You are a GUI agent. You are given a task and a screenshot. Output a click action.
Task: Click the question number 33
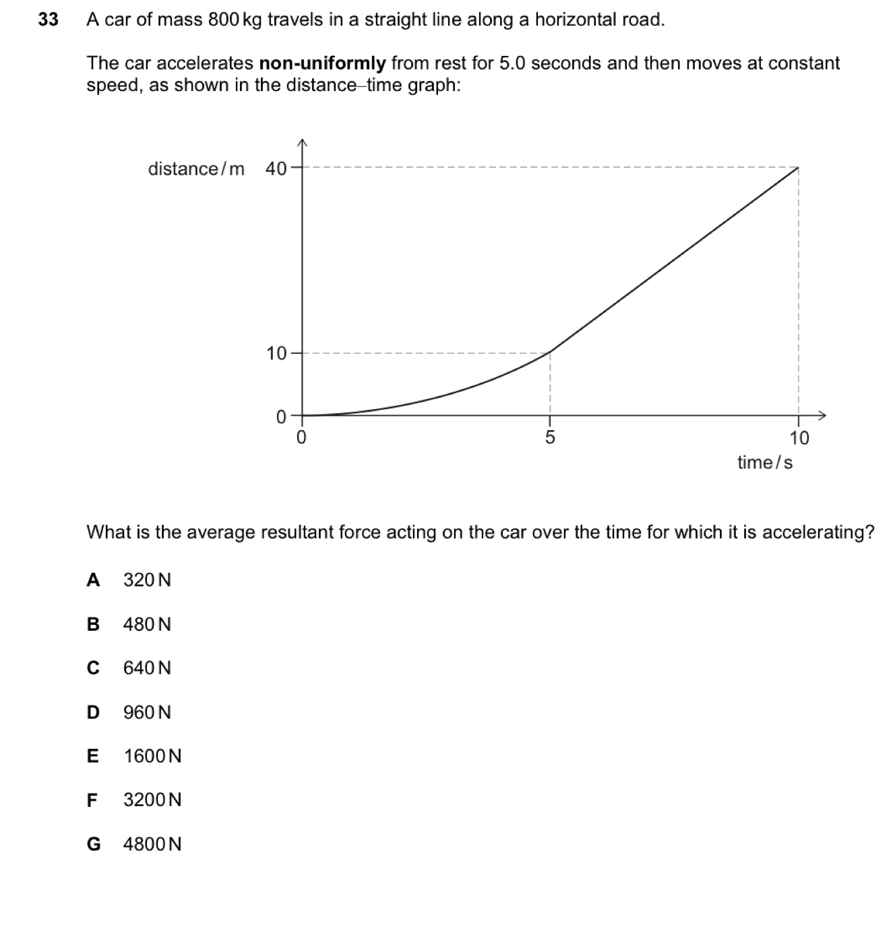tap(48, 20)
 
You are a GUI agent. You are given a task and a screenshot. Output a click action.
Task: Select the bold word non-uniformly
tap(322, 64)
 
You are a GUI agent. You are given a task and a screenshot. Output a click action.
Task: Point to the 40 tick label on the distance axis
tap(276, 169)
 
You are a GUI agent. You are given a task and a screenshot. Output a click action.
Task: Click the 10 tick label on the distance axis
tap(276, 353)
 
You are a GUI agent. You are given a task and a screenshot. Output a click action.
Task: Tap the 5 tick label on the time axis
tap(550, 438)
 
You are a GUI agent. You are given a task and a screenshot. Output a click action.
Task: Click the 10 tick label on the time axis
tap(799, 438)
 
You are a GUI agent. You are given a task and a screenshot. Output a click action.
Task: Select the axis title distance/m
tap(196, 169)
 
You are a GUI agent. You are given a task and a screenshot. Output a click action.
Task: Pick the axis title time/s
tap(765, 462)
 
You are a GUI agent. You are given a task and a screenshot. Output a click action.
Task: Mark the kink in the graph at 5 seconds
tap(551, 352)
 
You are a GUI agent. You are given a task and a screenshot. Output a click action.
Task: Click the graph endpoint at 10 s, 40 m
tap(799, 168)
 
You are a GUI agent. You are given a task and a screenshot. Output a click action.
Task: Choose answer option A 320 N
tap(129, 580)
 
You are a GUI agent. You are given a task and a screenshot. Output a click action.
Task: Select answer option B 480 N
tap(129, 624)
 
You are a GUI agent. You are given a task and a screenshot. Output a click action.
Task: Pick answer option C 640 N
tap(129, 668)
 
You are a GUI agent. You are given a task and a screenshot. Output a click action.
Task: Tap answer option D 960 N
tap(129, 712)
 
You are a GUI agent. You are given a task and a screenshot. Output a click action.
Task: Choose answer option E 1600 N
tap(134, 756)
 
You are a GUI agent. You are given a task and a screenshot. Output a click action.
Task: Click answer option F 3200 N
tap(134, 800)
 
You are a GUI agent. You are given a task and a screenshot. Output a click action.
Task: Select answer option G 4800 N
tap(134, 844)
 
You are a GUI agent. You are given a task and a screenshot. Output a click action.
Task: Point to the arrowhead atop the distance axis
tap(302, 142)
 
